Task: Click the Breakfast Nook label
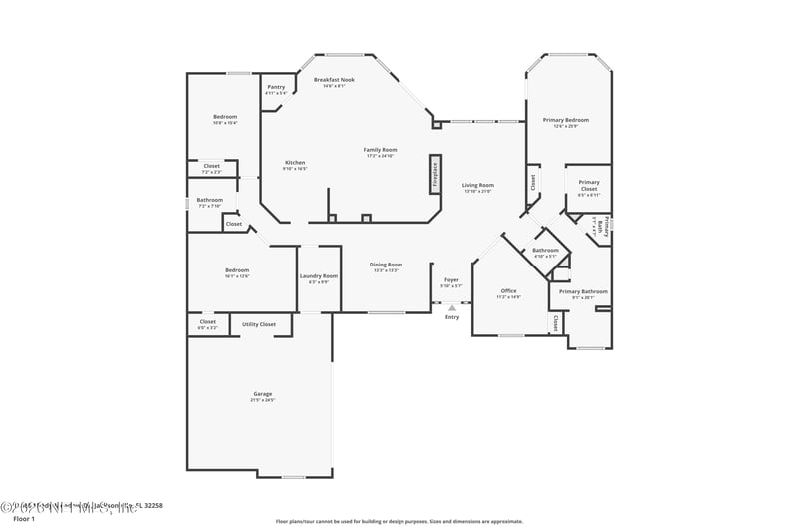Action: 334,79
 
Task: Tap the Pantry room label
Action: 276,87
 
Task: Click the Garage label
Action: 262,393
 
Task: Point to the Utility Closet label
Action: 259,324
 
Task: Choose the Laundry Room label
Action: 320,275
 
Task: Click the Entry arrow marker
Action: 451,308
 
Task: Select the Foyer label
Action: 451,280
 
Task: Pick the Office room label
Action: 509,291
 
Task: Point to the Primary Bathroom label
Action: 583,291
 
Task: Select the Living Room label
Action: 478,185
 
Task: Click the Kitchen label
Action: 295,162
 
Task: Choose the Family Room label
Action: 380,149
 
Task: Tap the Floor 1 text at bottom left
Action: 23,519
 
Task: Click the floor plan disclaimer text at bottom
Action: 399,520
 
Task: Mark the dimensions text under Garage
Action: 262,400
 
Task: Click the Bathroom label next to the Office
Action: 545,250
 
